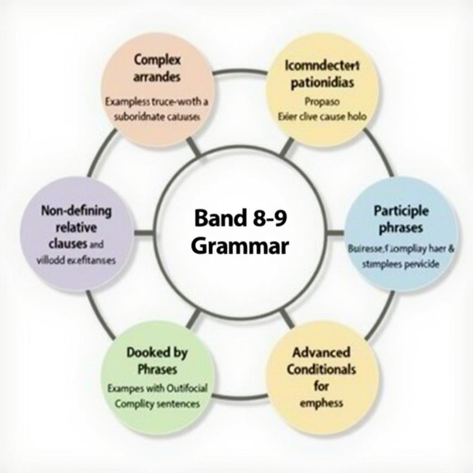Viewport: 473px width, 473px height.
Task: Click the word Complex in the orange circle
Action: click(158, 60)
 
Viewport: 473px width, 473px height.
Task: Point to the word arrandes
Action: click(158, 78)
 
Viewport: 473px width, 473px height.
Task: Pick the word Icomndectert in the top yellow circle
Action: click(322, 65)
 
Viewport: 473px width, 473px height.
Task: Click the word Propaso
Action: click(322, 101)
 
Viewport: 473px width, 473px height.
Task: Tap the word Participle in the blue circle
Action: click(401, 211)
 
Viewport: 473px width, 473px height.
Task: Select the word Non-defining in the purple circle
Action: click(76, 211)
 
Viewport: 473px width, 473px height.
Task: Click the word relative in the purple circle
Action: click(76, 227)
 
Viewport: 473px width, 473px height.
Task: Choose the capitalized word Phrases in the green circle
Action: click(157, 370)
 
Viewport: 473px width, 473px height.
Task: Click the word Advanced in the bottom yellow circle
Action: click(321, 352)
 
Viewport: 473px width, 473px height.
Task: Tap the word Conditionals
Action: click(321, 370)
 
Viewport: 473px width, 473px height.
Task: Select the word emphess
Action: click(321, 403)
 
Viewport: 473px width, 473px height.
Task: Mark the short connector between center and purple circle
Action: click(144, 232)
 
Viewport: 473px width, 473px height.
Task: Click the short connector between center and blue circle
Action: click(335, 232)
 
